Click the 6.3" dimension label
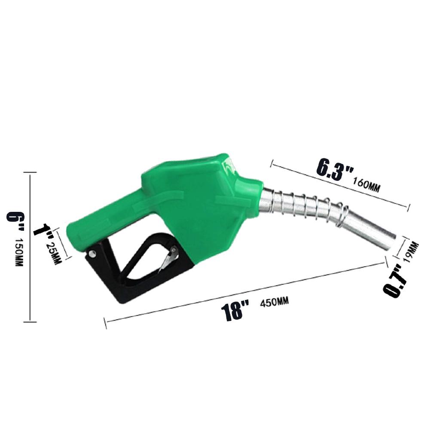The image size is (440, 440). click(334, 170)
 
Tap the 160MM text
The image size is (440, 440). click(367, 184)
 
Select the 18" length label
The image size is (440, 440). click(235, 310)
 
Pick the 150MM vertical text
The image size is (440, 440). click(19, 253)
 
